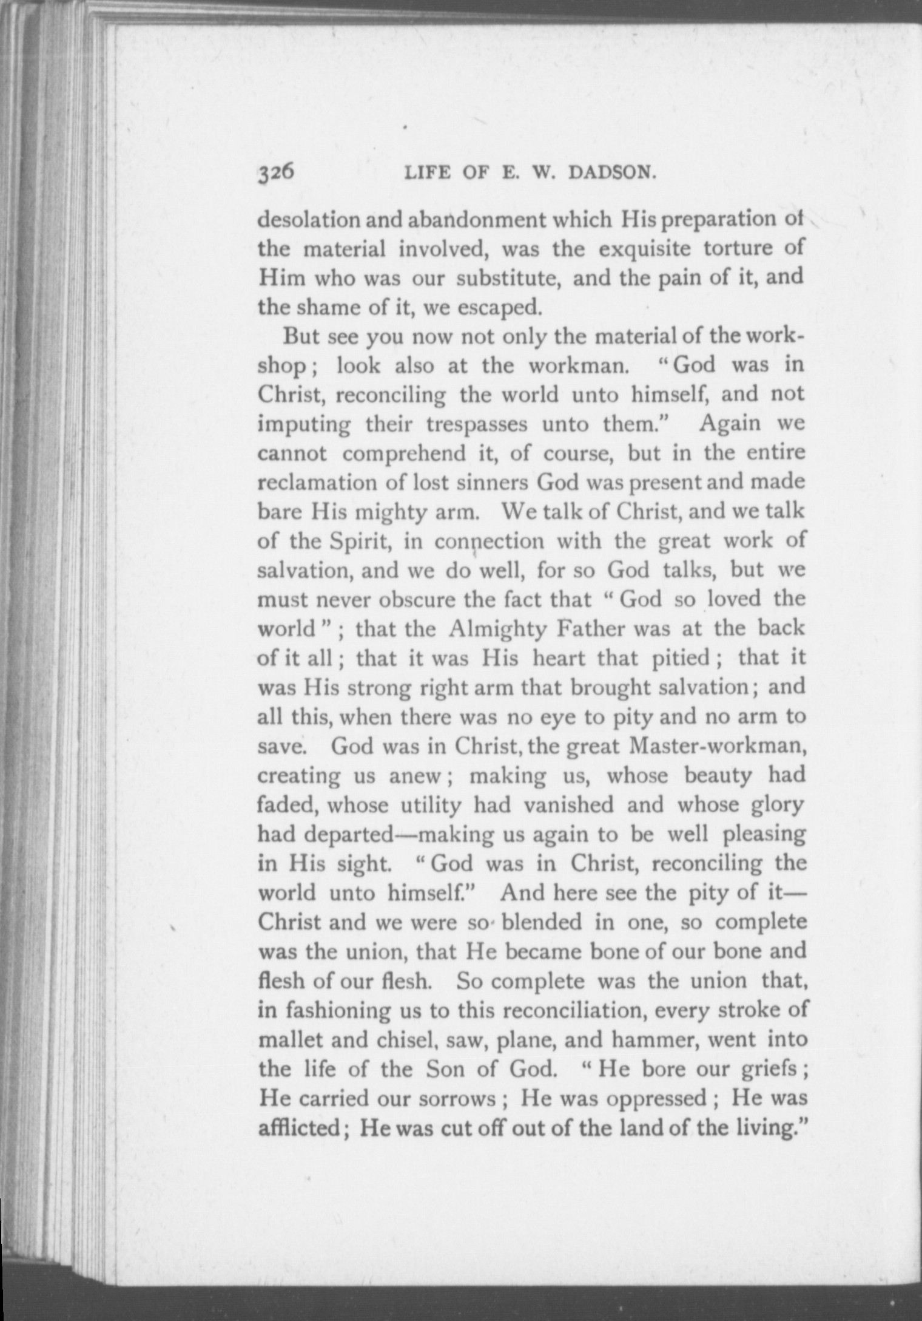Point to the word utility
(x=431, y=805)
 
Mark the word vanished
(x=570, y=805)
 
